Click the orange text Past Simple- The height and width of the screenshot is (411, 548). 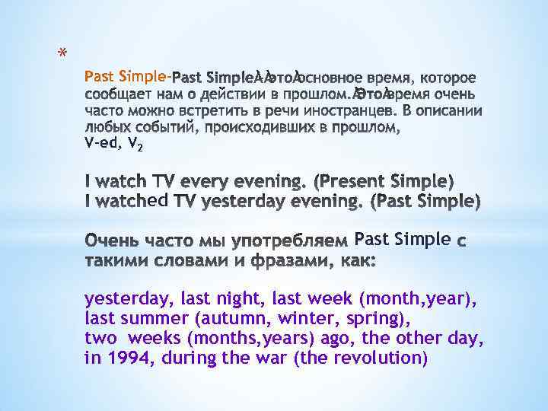tap(127, 76)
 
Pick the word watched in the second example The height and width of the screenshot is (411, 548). tap(127, 201)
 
